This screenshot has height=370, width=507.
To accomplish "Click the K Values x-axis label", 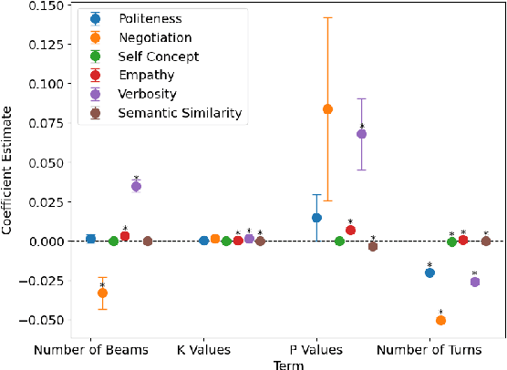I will point(204,350).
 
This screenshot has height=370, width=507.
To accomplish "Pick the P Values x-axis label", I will point(316,350).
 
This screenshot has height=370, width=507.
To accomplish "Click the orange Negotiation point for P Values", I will point(327,109).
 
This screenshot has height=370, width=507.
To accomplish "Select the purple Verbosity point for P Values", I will point(361,134).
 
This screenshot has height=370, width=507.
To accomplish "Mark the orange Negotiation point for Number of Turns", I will point(440,320).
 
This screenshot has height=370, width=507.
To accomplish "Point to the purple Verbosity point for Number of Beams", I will point(136,186).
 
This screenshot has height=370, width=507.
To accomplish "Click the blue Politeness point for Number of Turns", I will point(429,272).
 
